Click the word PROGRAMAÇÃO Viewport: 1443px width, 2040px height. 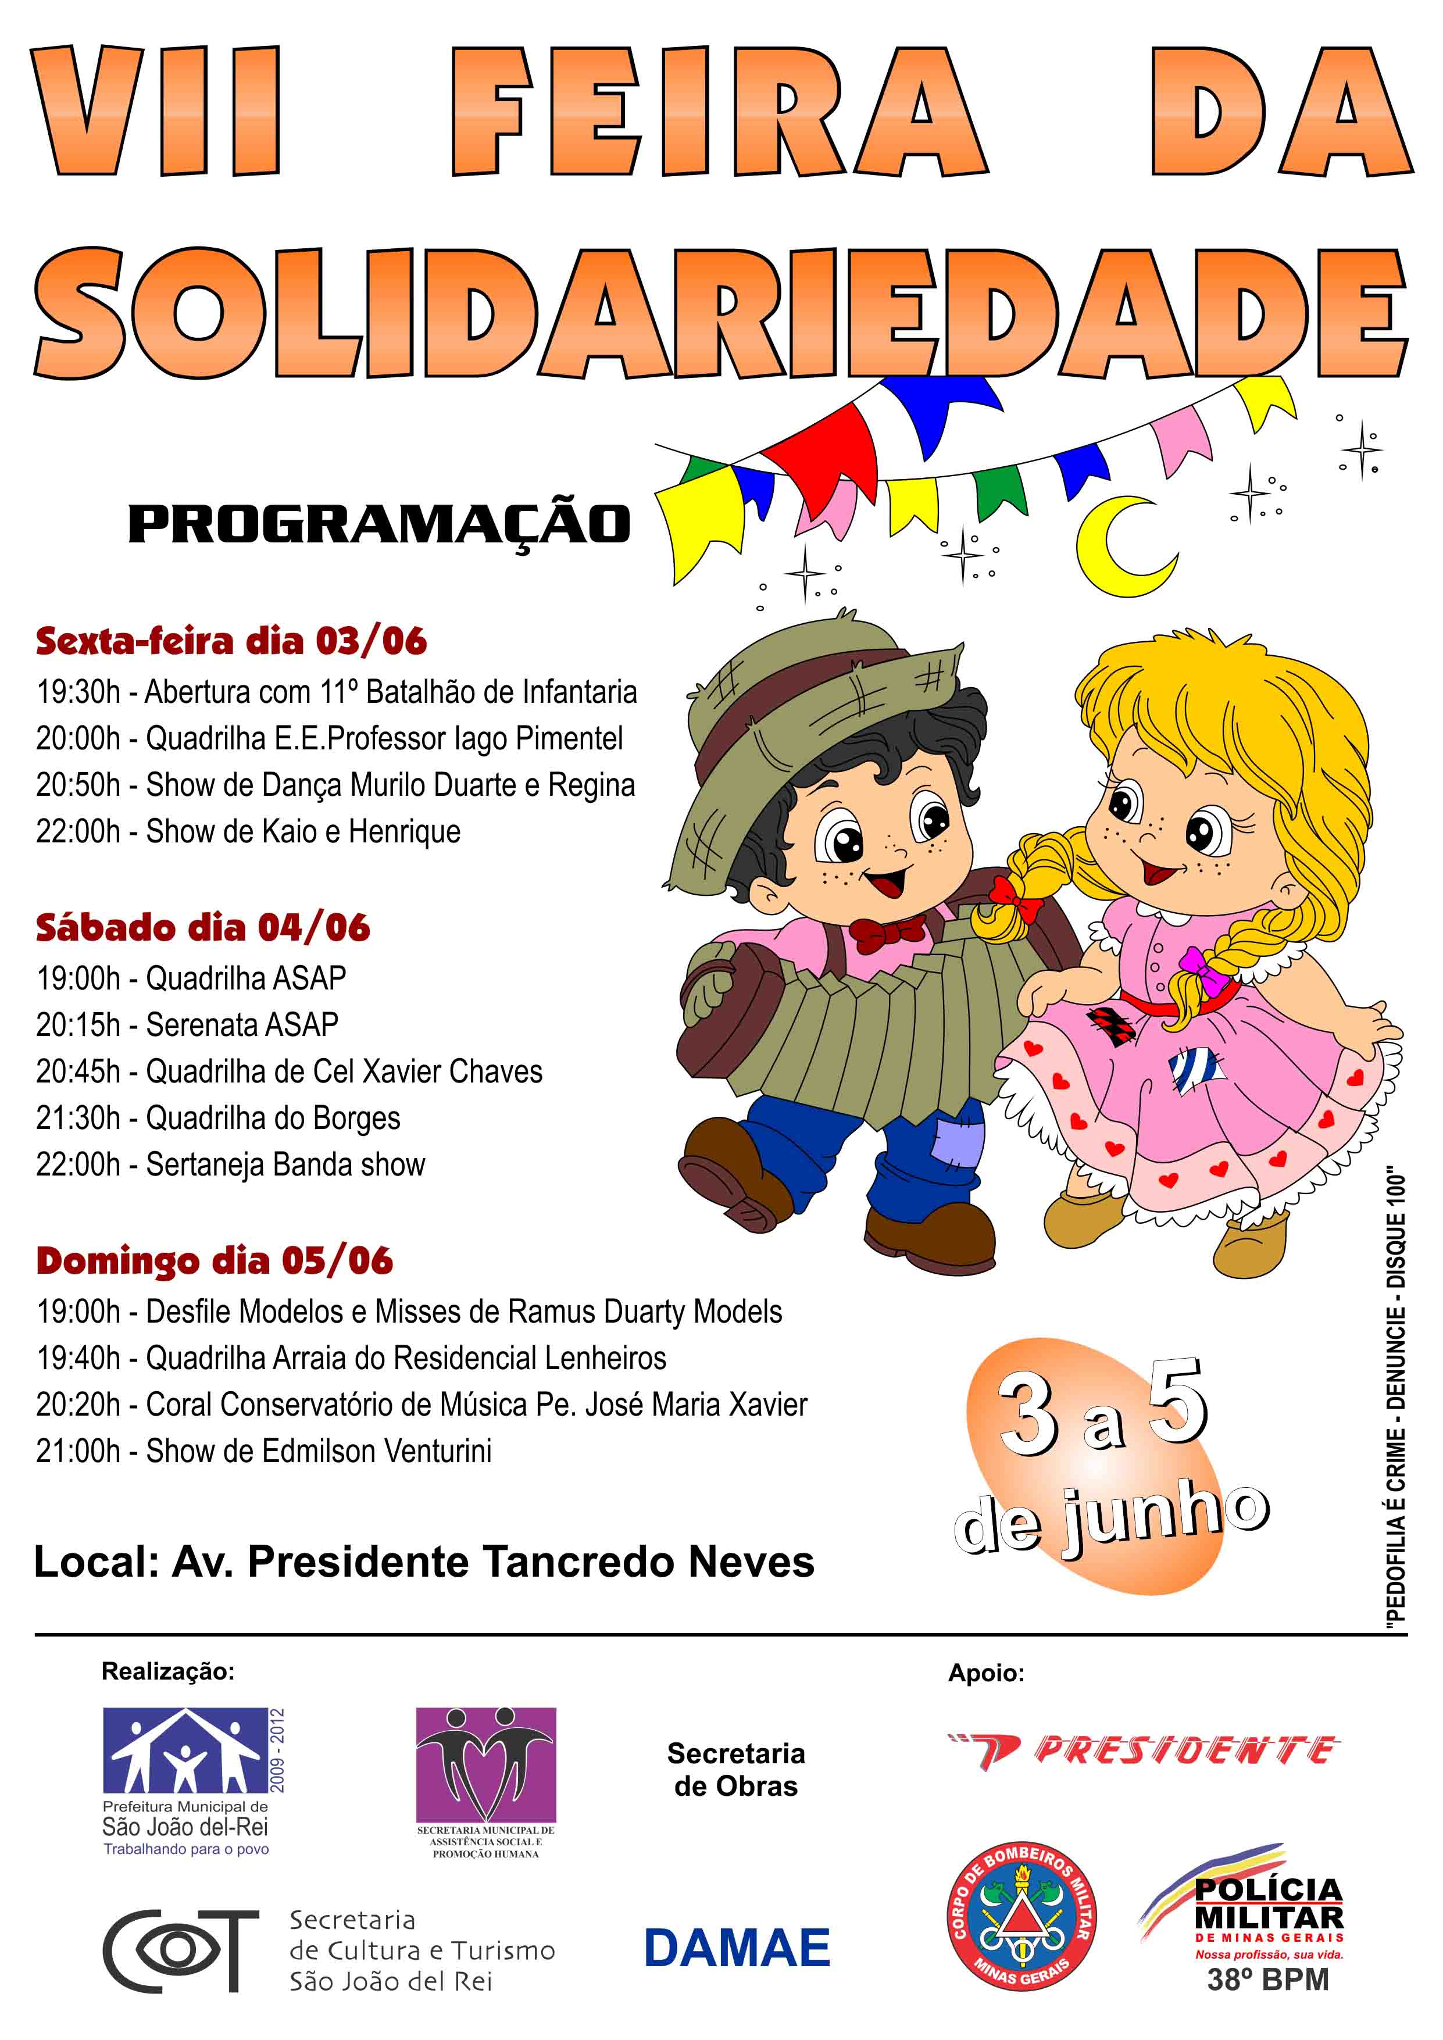pos(380,525)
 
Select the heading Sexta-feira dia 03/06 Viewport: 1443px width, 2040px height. pos(231,641)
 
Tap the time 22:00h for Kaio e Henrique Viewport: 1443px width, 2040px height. pos(78,831)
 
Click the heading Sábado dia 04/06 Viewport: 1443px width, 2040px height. pos(202,928)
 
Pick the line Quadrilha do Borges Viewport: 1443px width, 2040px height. pos(273,1118)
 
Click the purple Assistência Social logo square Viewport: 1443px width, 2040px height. pos(486,1764)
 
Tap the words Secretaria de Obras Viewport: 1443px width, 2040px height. pos(735,1769)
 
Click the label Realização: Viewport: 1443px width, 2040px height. pos(168,1671)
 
